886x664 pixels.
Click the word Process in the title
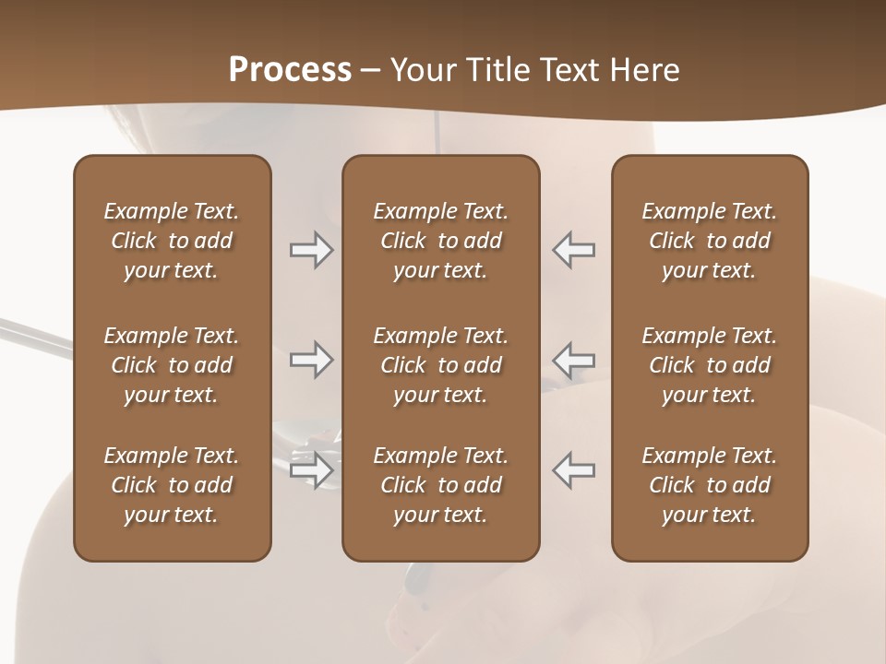(290, 70)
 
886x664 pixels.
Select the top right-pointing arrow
(312, 250)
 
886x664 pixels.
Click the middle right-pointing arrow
(312, 360)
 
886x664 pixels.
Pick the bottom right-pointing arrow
(312, 470)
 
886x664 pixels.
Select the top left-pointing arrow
(574, 250)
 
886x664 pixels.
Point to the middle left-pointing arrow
(574, 360)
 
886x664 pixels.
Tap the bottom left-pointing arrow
(574, 470)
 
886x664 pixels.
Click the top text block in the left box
(172, 241)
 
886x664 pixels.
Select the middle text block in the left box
(172, 365)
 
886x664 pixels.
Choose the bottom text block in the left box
(172, 485)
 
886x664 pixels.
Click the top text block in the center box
(441, 241)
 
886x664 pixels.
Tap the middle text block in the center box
(441, 365)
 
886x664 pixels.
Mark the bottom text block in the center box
(441, 485)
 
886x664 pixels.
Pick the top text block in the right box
(710, 241)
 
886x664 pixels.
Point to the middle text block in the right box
(710, 365)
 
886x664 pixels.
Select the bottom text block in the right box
(710, 485)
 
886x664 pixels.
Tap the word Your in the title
(420, 70)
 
